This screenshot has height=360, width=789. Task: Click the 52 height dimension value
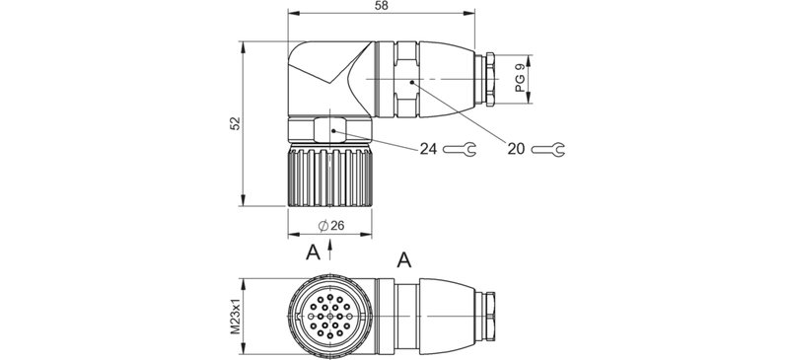click(234, 123)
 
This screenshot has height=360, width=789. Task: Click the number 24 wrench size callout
click(427, 149)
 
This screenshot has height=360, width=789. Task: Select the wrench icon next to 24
click(460, 150)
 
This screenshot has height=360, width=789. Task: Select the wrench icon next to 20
click(549, 150)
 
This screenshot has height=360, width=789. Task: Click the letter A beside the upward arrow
click(312, 251)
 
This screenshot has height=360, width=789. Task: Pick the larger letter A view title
click(402, 260)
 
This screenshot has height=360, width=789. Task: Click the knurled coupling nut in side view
click(328, 177)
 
